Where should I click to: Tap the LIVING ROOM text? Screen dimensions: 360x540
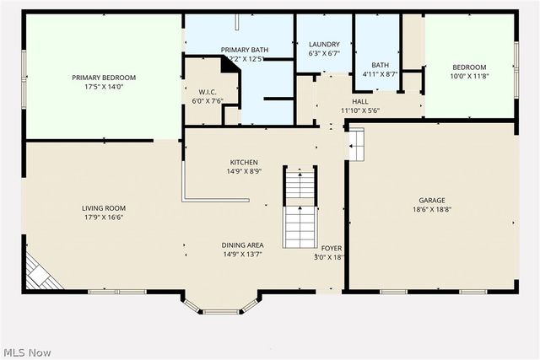(x=103, y=207)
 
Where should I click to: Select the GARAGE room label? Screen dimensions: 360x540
(x=432, y=200)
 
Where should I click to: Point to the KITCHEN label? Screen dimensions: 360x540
(x=244, y=162)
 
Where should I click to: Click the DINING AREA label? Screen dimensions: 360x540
(x=243, y=244)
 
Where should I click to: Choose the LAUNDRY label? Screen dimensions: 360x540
(x=324, y=44)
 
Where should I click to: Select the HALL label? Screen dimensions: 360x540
(x=360, y=101)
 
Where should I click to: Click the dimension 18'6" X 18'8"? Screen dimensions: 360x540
(x=432, y=209)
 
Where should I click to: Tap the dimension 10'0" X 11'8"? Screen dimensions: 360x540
(x=469, y=77)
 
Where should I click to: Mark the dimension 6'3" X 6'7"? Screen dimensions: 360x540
(x=324, y=53)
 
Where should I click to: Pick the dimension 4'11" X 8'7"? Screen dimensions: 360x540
(x=381, y=74)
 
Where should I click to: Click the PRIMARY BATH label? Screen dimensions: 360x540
(x=245, y=50)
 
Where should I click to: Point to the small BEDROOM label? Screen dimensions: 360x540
(x=469, y=67)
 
